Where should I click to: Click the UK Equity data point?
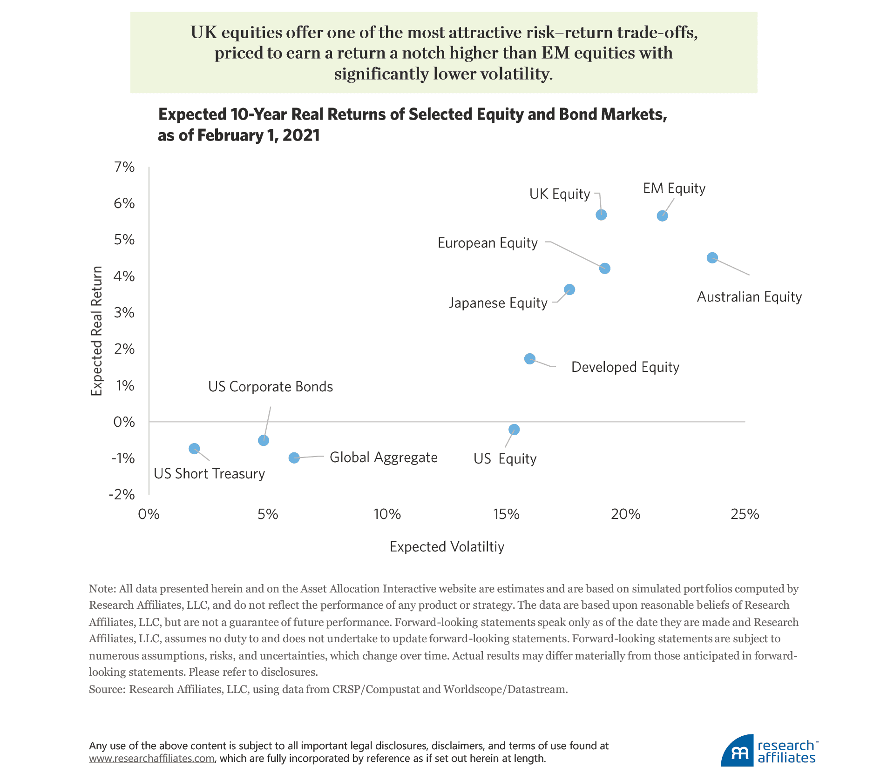pyautogui.click(x=601, y=215)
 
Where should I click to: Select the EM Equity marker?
pyautogui.click(x=662, y=215)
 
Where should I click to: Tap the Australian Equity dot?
pyautogui.click(x=712, y=257)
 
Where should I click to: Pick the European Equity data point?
pyautogui.click(x=604, y=268)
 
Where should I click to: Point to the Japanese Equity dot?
pyautogui.click(x=569, y=289)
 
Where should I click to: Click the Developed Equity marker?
pyautogui.click(x=529, y=358)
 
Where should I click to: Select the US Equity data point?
pyautogui.click(x=514, y=429)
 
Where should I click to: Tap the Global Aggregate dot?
pyautogui.click(x=294, y=457)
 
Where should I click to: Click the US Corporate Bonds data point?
pyautogui.click(x=263, y=440)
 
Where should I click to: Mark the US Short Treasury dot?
pyautogui.click(x=194, y=448)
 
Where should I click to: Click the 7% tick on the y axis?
pyautogui.click(x=124, y=167)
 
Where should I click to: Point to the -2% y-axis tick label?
pyautogui.click(x=122, y=494)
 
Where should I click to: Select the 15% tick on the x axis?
pyautogui.click(x=506, y=514)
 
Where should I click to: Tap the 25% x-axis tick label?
pyautogui.click(x=745, y=514)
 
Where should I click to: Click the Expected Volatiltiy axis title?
pyautogui.click(x=447, y=546)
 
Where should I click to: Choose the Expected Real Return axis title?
pyautogui.click(x=96, y=331)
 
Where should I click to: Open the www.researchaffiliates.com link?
pyautogui.click(x=152, y=758)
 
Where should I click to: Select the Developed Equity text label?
pyautogui.click(x=625, y=367)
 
